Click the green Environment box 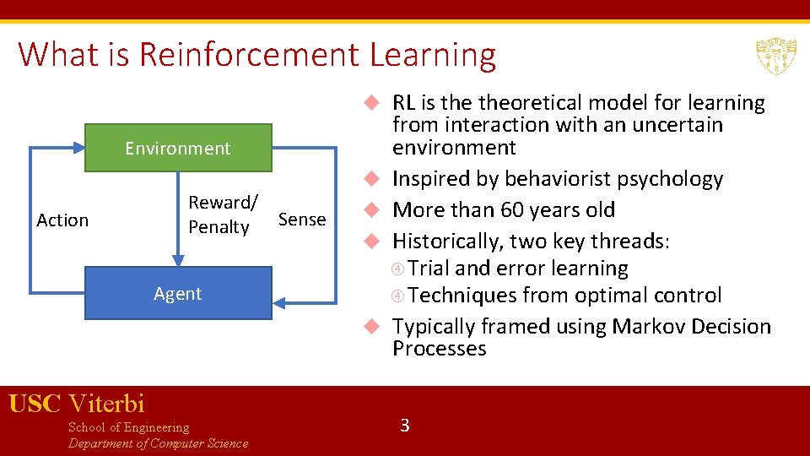pos(178,149)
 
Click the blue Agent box pos(178,294)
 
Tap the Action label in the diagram pos(62,220)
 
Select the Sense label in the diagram pos(301,220)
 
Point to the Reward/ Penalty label pos(222,214)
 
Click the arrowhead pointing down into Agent pos(178,259)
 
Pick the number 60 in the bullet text pos(514,210)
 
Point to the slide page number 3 pos(404,426)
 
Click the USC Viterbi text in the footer pos(77,404)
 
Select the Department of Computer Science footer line pos(158,444)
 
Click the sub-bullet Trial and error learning pos(518,269)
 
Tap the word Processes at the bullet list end pos(439,349)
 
